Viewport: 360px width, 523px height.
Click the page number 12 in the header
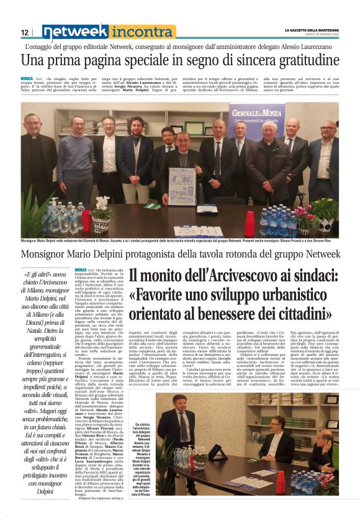25,32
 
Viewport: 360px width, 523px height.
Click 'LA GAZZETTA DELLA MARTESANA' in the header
311,29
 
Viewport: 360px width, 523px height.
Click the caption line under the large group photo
180,240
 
